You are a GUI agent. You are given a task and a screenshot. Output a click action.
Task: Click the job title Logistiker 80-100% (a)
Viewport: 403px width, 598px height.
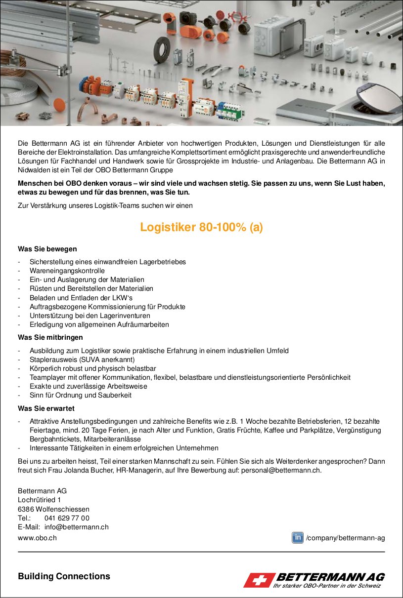click(201, 227)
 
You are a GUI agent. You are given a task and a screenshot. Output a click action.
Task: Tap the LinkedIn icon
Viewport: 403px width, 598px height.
click(297, 538)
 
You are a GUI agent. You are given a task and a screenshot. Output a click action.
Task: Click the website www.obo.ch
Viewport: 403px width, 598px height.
click(37, 538)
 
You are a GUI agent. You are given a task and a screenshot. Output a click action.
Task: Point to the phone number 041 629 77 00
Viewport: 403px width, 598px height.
click(67, 518)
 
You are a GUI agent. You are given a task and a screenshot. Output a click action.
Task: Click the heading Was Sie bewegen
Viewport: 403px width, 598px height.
click(47, 249)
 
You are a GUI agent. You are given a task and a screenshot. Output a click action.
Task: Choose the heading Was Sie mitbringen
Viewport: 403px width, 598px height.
click(50, 337)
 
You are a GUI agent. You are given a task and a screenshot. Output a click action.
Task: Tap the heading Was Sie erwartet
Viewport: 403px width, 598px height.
click(46, 408)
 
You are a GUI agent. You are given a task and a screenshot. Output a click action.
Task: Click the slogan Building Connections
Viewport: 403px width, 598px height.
click(64, 576)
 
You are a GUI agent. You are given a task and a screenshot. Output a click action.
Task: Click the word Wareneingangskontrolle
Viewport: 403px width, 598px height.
click(67, 271)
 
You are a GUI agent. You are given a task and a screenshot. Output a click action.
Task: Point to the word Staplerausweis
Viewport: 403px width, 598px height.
click(52, 359)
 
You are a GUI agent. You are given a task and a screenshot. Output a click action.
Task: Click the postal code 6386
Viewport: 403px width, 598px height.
click(26, 509)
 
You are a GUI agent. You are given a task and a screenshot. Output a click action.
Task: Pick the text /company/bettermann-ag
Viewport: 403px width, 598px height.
click(345, 538)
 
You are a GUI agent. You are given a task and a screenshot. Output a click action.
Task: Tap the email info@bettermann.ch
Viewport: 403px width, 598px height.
click(76, 527)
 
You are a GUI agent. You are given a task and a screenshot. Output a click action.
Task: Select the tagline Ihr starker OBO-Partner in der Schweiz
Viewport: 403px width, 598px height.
click(327, 586)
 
